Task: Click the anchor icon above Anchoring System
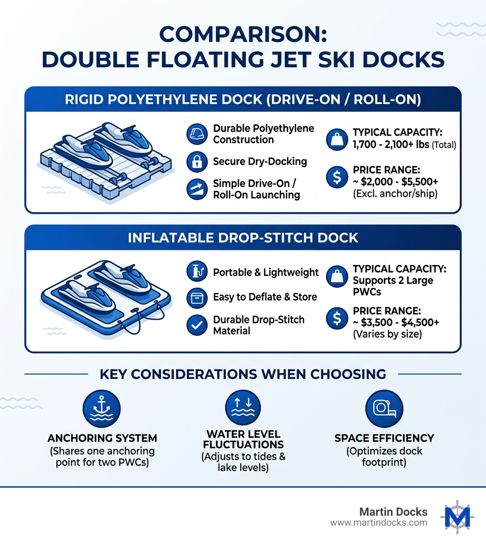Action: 101,409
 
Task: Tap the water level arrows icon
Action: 243,409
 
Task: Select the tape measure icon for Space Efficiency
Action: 384,409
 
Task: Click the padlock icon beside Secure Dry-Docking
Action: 197,162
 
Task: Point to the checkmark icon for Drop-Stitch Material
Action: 197,325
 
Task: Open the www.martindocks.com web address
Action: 378,523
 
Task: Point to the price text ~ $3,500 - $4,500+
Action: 396,323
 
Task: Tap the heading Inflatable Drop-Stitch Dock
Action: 243,237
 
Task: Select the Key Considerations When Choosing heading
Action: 243,374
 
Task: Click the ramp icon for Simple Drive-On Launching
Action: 197,189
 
